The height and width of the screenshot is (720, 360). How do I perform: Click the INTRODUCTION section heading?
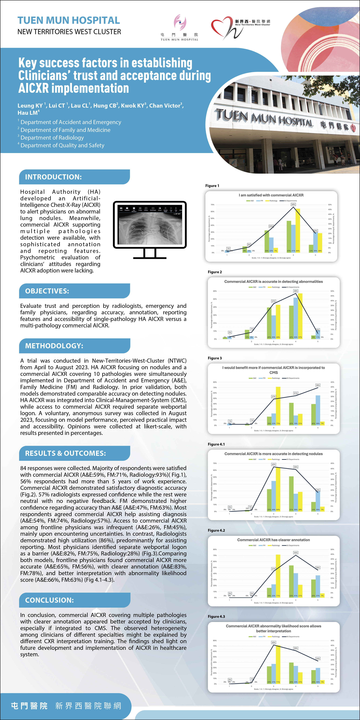coord(53,177)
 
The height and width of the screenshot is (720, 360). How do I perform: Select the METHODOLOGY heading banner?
coord(54,346)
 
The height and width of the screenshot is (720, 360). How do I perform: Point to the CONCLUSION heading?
coord(50,600)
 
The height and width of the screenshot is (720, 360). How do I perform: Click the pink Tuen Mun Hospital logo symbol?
coord(180,22)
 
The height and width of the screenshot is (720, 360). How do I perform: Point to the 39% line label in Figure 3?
coord(318,385)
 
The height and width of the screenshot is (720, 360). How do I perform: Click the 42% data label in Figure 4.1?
coord(274,465)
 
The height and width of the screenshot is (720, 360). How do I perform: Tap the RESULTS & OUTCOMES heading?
coord(65,453)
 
